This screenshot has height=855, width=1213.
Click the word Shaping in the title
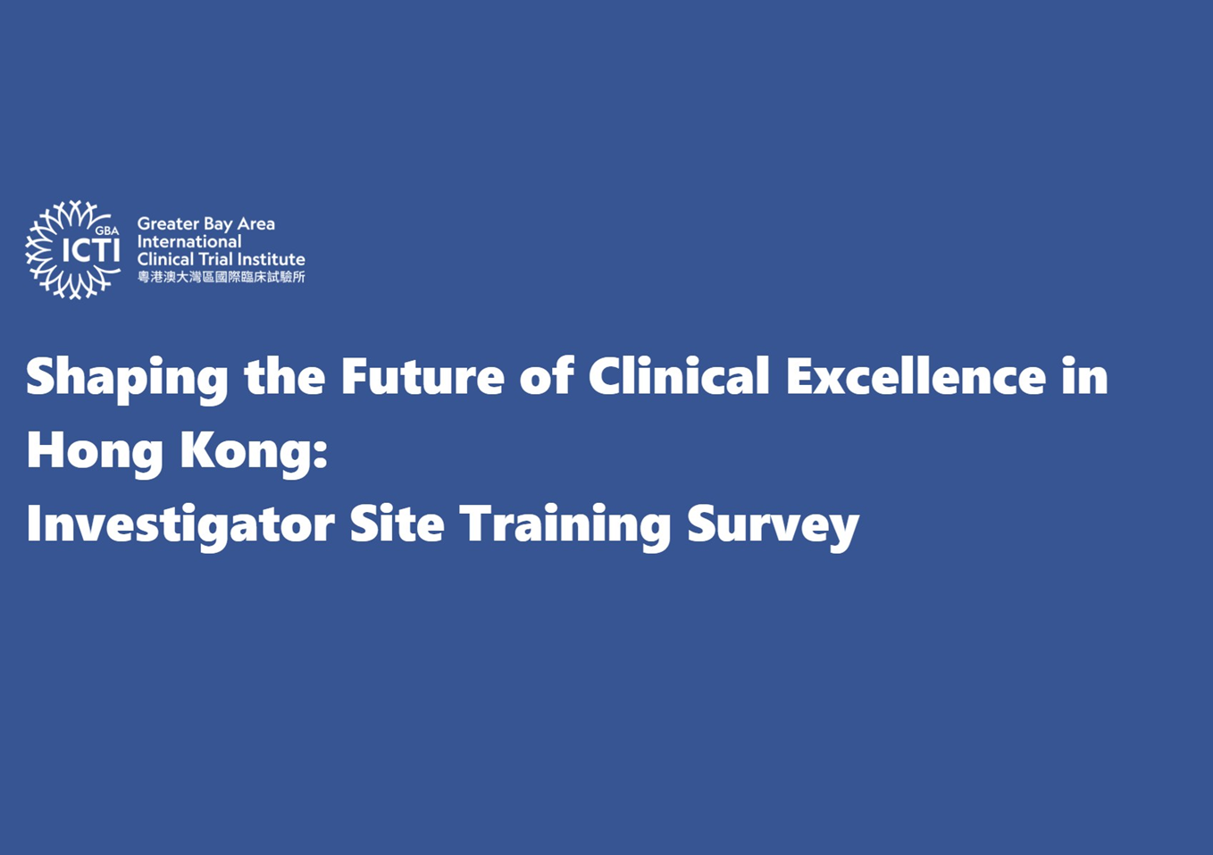pos(127,377)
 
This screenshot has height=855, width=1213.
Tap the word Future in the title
pos(422,375)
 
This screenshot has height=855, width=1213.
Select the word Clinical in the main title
pos(679,375)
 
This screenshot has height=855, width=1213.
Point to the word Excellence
pos(916,375)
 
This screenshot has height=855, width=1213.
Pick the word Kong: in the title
pos(254,450)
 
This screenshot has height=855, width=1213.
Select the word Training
pos(565,524)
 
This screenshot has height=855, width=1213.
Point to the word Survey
pos(773,524)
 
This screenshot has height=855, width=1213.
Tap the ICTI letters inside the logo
pos(90,251)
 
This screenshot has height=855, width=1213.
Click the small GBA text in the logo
pos(107,231)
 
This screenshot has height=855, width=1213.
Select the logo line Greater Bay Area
pos(205,223)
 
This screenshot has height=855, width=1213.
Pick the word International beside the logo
pos(189,241)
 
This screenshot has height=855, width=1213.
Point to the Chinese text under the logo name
pos(221,277)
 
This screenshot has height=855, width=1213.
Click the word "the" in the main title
pos(285,375)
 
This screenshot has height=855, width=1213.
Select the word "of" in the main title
pos(546,375)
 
